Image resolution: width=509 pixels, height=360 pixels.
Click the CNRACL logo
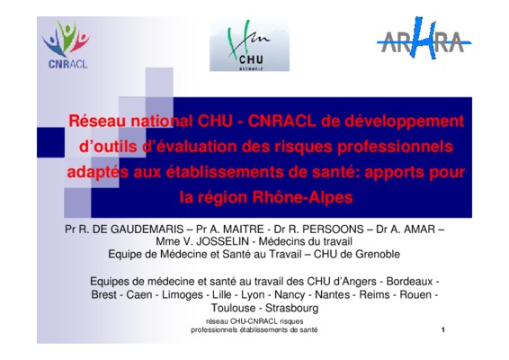[66, 44]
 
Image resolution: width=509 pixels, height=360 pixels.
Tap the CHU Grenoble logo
[249, 45]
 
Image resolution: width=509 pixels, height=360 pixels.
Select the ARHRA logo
[424, 38]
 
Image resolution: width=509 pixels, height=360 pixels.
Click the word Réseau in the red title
[97, 121]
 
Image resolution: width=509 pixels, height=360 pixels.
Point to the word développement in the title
[404, 121]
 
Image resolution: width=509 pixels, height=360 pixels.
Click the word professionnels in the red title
[395, 147]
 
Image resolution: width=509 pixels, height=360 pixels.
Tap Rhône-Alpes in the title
[302, 197]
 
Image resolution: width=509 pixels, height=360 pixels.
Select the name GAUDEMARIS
[147, 229]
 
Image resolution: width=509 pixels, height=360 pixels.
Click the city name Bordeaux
[410, 282]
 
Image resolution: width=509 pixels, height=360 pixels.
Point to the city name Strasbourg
[292, 308]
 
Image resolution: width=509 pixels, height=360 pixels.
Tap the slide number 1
[443, 329]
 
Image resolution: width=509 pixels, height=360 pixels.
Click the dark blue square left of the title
[50, 142]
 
